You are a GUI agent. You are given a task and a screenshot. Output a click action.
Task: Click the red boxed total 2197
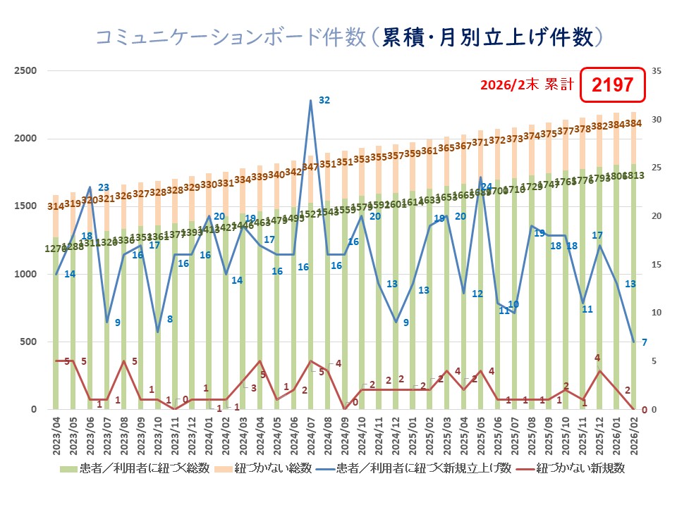point(612,86)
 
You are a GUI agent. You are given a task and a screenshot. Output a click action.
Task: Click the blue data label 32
point(324,101)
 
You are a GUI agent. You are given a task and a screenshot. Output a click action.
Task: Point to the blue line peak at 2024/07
point(311,101)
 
